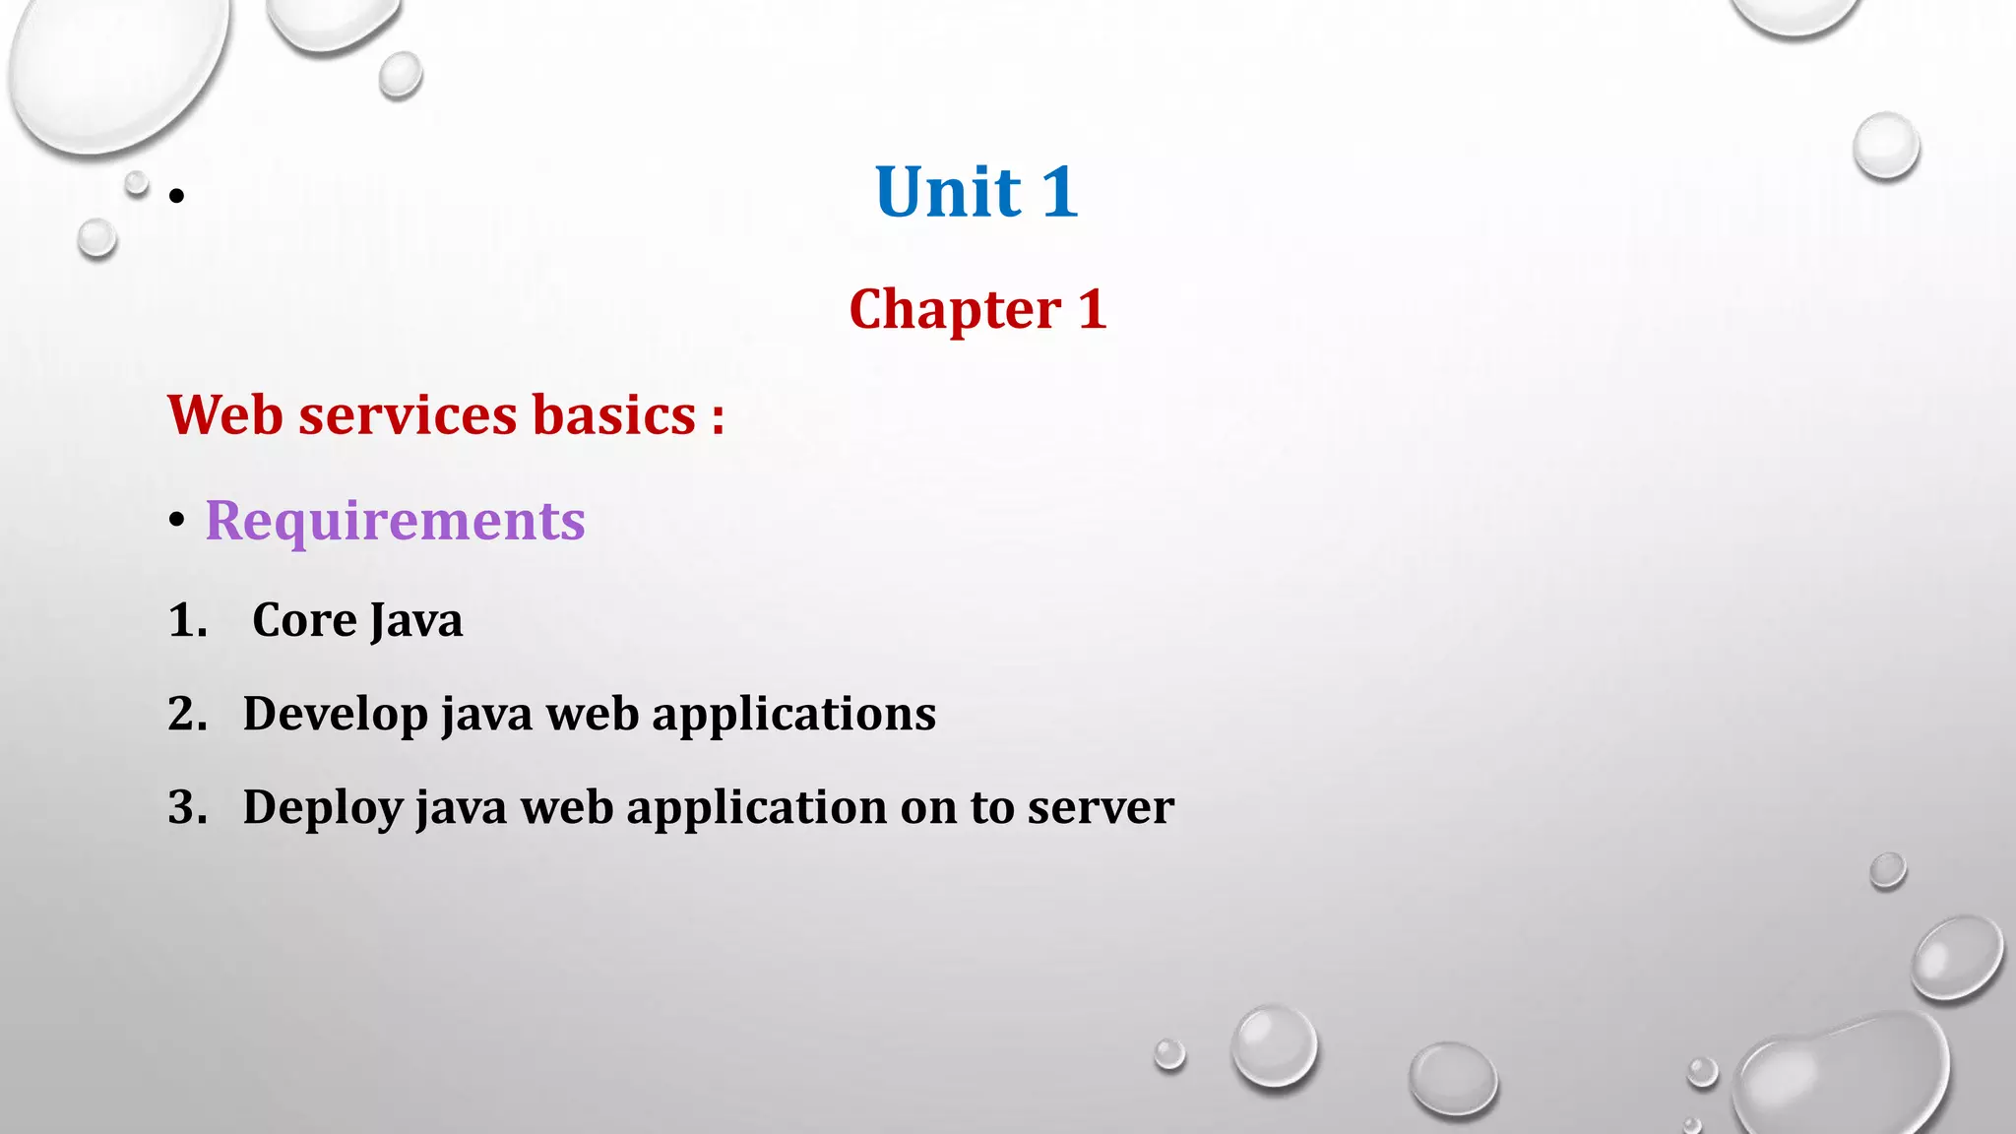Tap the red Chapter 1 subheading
click(x=977, y=309)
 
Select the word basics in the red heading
click(x=614, y=414)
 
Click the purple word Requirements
click(x=395, y=520)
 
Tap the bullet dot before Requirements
click(x=176, y=521)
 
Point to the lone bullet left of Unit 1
click(x=176, y=196)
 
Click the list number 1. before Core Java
click(x=187, y=620)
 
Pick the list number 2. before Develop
click(x=187, y=714)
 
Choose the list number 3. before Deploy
click(x=187, y=807)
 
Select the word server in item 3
click(x=1101, y=807)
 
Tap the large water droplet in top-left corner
click(x=113, y=69)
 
